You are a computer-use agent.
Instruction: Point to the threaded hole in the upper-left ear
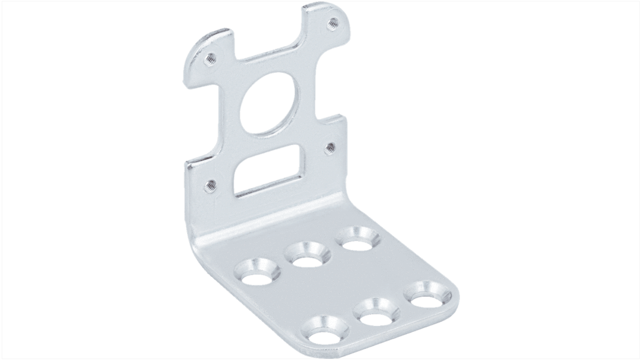click(x=209, y=58)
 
